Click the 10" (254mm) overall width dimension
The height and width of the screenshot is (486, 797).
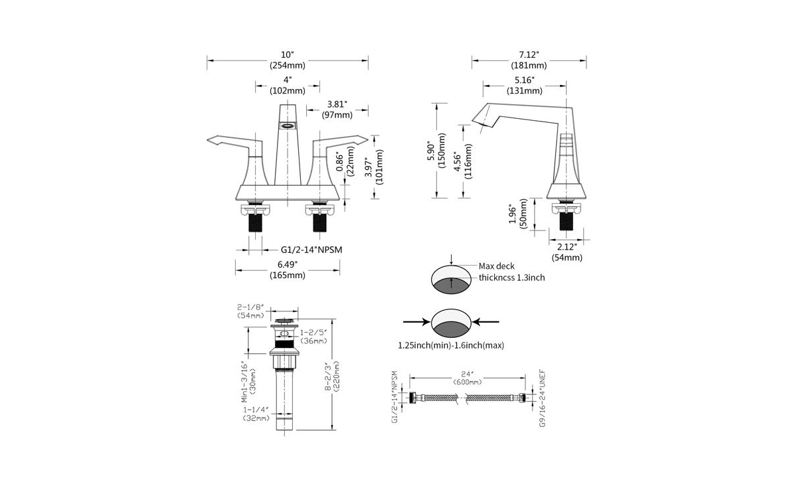(x=288, y=60)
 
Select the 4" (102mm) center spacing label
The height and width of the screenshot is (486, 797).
(x=288, y=85)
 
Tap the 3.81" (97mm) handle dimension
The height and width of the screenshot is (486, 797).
(x=338, y=109)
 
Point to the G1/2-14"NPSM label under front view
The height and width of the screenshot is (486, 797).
(x=310, y=250)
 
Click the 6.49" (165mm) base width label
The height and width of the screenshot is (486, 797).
(x=288, y=270)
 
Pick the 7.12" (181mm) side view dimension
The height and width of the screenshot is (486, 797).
(x=529, y=60)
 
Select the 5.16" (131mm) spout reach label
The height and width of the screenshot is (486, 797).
(x=524, y=85)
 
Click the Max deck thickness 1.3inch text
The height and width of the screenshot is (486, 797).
(x=511, y=272)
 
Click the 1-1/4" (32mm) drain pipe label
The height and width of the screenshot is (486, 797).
(x=256, y=414)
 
